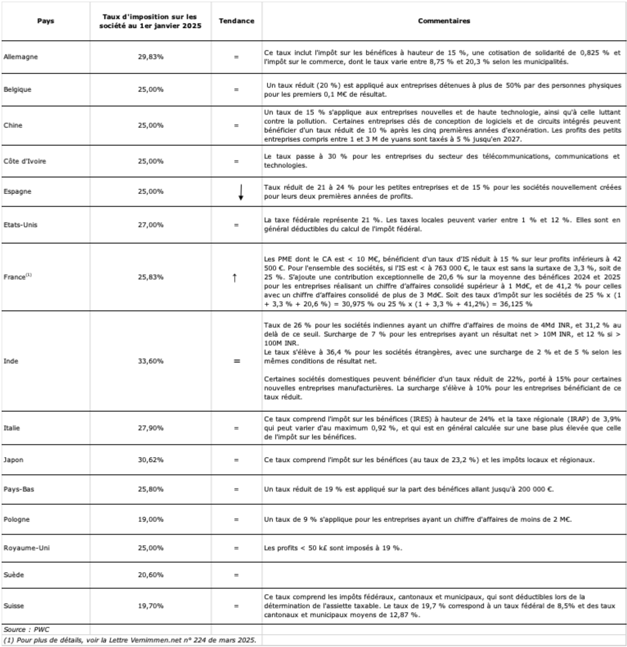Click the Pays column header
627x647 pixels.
point(45,21)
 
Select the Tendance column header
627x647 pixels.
point(237,21)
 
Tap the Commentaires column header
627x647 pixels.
point(444,21)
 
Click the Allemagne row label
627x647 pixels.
point(21,57)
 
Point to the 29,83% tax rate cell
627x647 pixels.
point(151,57)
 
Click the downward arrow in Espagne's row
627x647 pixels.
point(241,192)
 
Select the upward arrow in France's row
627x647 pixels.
point(235,278)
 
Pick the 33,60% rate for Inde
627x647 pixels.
point(151,361)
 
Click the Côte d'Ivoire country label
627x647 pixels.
point(25,161)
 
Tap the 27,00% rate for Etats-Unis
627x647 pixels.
point(151,225)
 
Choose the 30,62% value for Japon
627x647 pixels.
point(151,460)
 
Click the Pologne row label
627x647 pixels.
point(17,519)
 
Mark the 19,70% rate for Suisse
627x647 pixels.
point(151,606)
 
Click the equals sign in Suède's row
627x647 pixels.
point(236,575)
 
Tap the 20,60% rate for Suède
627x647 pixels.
point(151,575)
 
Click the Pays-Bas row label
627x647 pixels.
point(19,490)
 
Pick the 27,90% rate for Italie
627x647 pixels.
point(151,428)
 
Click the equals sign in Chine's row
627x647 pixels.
point(236,126)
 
